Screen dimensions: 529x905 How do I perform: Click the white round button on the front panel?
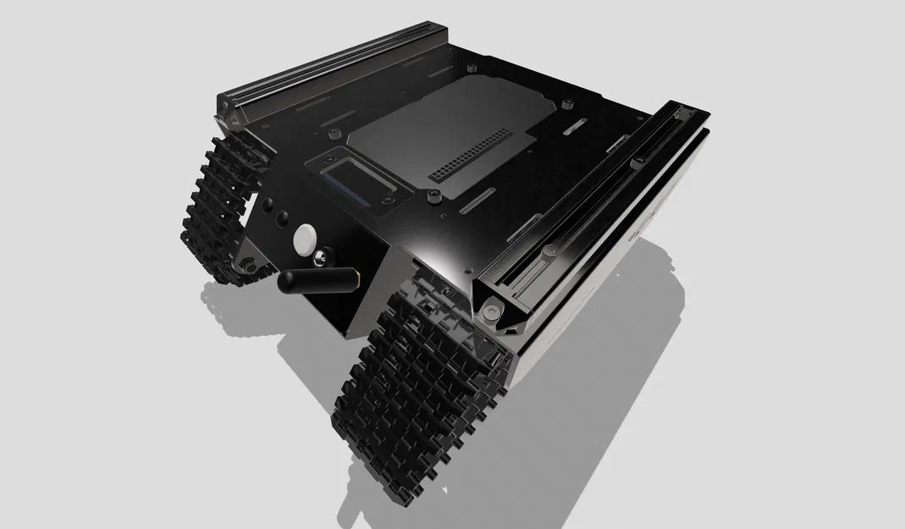tap(303, 240)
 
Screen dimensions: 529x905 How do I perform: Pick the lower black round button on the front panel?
tap(280, 222)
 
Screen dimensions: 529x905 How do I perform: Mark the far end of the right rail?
tap(682, 112)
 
